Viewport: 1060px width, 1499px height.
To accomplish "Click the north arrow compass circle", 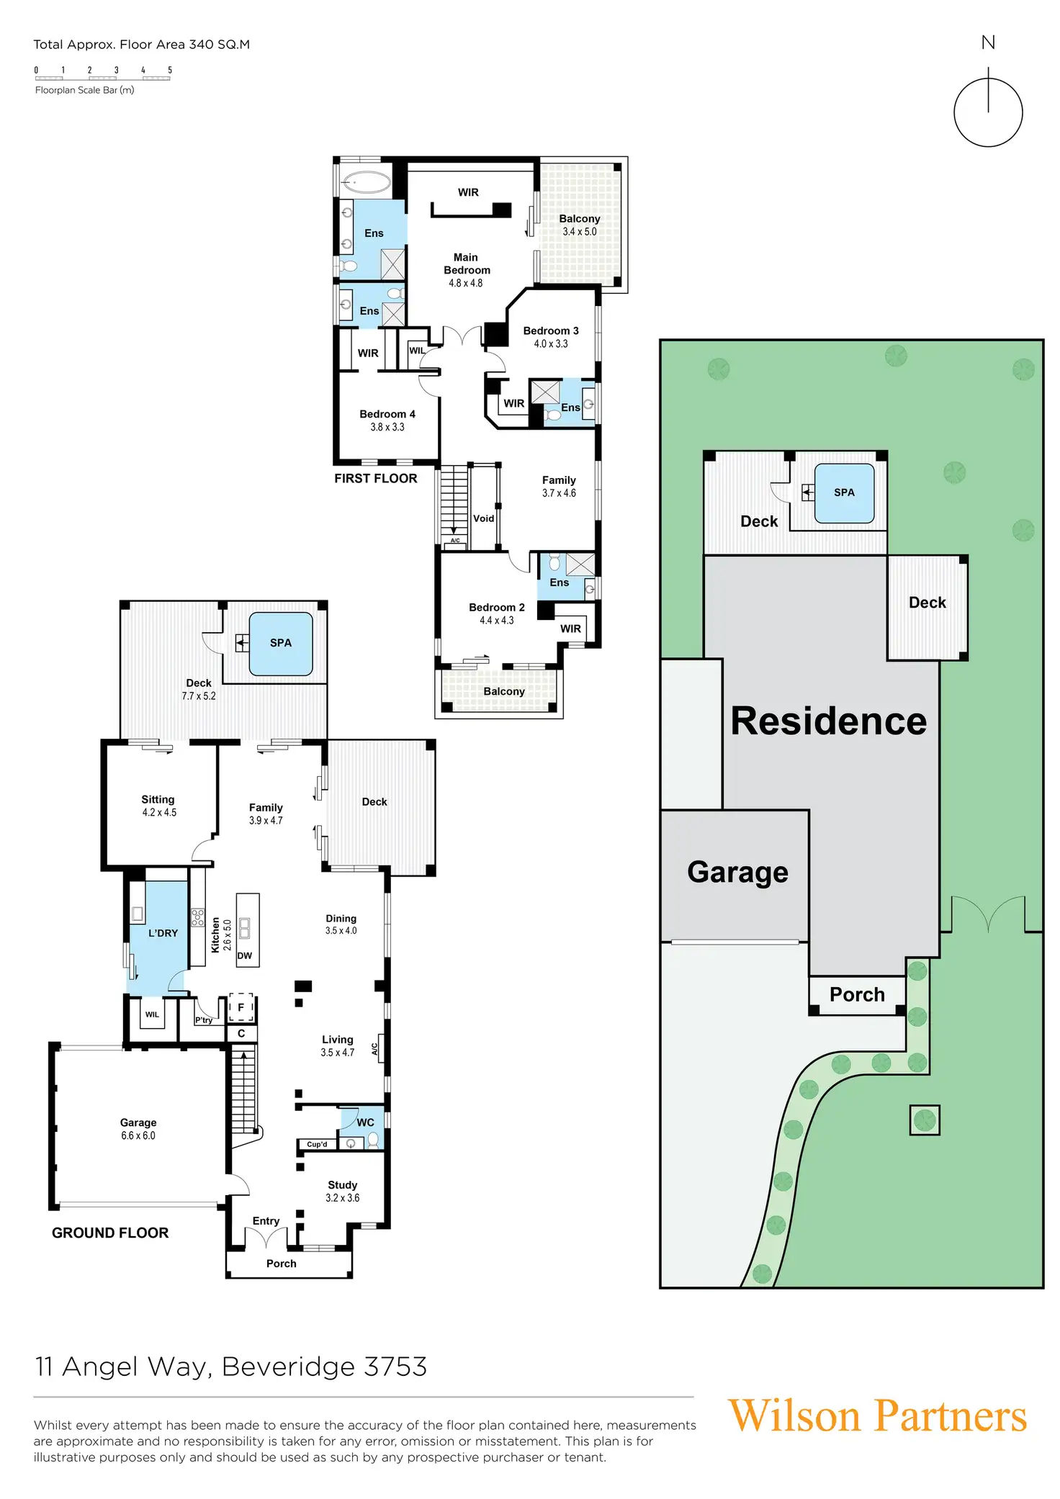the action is coord(988,112).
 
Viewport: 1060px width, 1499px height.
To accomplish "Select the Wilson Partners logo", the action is coord(877,1416).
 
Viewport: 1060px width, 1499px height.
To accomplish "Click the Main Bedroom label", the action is coord(467,264).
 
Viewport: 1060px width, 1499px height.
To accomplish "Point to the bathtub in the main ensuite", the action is coord(366,181).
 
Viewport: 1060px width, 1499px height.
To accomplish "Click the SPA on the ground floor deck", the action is coord(281,643).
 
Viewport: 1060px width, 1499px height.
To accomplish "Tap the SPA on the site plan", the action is coord(844,493).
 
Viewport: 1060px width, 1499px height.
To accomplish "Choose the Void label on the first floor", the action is coord(484,518).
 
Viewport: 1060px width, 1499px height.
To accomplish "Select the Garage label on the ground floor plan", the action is coord(138,1122).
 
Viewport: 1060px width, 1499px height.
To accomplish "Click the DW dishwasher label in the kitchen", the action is coord(245,956).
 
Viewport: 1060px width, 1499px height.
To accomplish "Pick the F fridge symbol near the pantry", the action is coord(241,1008).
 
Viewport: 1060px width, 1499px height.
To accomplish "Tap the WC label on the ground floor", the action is coord(365,1122).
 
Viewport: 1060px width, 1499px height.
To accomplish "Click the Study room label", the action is coord(343,1185).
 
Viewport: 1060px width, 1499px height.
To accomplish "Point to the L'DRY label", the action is coord(163,933).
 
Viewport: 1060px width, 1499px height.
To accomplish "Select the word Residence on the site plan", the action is coord(828,721).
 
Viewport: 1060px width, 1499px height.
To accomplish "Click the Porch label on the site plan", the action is coord(857,995).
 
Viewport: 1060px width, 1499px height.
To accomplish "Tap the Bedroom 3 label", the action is coord(551,331).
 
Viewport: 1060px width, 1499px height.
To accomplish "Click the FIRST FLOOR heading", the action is coord(376,479).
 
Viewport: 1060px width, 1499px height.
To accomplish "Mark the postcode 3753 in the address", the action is coord(395,1367).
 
